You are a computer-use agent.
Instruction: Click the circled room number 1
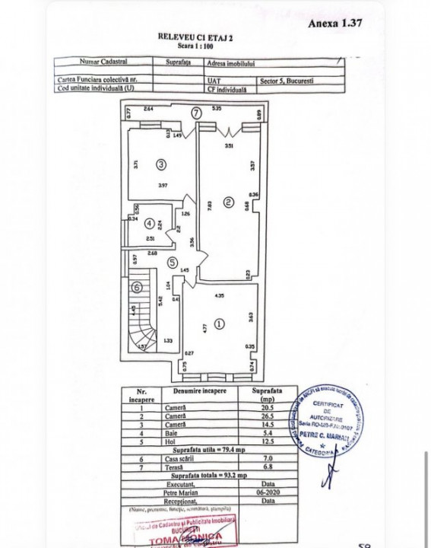tap(220, 323)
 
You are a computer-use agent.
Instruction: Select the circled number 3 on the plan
tap(161, 163)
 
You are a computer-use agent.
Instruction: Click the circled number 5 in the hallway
tap(174, 263)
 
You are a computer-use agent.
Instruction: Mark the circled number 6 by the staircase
tap(136, 287)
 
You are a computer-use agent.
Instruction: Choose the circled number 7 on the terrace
tap(196, 113)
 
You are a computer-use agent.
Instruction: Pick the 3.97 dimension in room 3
tap(161, 185)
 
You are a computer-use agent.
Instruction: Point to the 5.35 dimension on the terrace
tap(217, 109)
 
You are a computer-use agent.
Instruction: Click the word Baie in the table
tap(178, 432)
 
